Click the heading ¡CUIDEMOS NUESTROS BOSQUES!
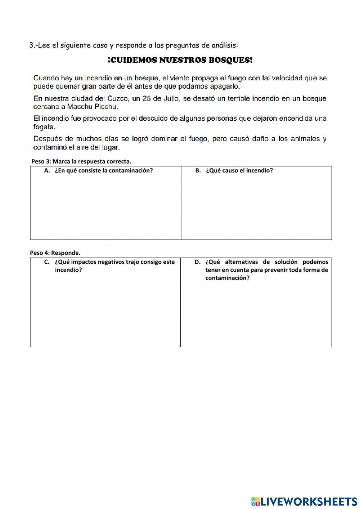180,61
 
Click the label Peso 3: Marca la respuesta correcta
81,161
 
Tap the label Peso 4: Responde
55,253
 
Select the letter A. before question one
46,171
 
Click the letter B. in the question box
198,171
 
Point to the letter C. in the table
46,262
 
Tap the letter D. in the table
197,262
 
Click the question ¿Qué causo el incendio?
239,171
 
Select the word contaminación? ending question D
227,278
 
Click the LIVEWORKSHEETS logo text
309,501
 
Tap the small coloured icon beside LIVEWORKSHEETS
256,501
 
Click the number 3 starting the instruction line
31,45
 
